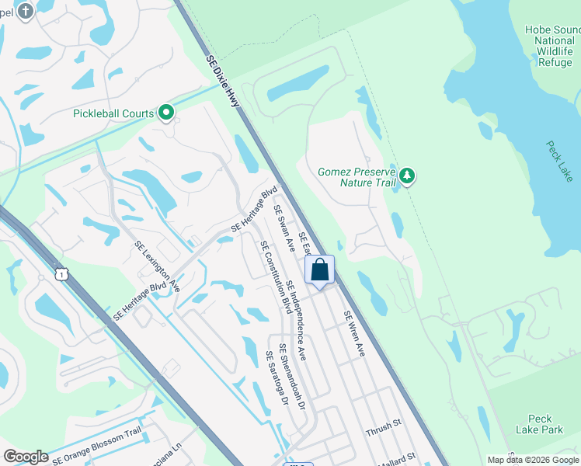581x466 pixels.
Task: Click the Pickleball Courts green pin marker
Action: (165, 113)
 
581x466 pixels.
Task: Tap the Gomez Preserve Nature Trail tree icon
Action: (406, 177)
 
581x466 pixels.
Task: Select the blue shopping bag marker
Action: (319, 271)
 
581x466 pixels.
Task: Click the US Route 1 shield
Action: (61, 273)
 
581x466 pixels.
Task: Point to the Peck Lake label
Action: (558, 161)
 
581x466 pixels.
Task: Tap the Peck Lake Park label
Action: (539, 424)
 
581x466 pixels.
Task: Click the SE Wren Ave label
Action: (353, 334)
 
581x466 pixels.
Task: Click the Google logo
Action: (26, 457)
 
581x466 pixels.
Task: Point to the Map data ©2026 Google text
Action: (532, 460)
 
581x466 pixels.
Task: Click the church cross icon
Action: (25, 11)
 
